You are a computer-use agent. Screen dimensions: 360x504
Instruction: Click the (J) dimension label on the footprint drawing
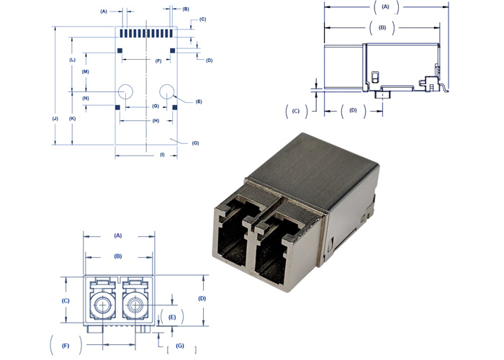coord(55,117)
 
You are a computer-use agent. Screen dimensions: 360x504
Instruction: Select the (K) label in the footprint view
coord(72,117)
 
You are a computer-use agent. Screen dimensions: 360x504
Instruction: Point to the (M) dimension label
coord(85,72)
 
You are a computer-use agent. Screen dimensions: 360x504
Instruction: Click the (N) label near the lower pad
coord(85,98)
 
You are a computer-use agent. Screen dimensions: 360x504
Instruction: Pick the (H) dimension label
coord(156,120)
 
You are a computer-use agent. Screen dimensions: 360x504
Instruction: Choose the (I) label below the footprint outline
coord(162,155)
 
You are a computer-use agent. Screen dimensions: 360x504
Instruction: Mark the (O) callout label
coord(195,143)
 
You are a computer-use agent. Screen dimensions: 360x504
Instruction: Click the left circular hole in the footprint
coord(126,91)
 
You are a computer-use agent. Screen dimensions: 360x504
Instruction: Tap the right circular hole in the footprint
coord(167,91)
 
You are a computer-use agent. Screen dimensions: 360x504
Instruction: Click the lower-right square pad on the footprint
coord(175,107)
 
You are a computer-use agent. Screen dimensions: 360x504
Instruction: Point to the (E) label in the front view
coord(172,317)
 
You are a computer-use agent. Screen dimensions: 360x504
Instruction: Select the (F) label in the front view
coord(66,346)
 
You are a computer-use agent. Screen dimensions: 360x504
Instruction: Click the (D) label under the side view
coord(353,110)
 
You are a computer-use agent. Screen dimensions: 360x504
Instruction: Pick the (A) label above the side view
coord(385,6)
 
